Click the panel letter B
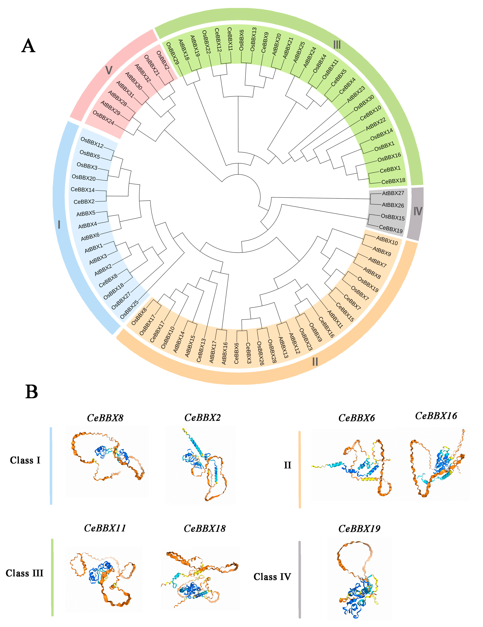tap(32, 392)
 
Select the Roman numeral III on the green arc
tap(337, 45)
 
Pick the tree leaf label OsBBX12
tap(92, 142)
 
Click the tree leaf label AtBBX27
tap(393, 193)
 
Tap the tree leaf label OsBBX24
tap(103, 118)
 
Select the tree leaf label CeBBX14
tap(83, 189)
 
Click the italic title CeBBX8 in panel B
tap(105, 418)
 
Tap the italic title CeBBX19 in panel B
tap(359, 529)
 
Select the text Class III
tap(24, 573)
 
